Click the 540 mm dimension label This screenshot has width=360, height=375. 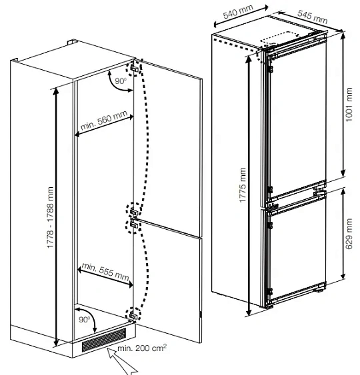pyautogui.click(x=238, y=11)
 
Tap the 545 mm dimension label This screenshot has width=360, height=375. pyautogui.click(x=313, y=17)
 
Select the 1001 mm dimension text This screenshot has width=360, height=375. pyautogui.click(x=349, y=105)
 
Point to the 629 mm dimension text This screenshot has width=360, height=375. pyautogui.click(x=349, y=234)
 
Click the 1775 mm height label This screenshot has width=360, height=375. pyautogui.click(x=243, y=185)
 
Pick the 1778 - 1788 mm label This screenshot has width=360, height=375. pyautogui.click(x=50, y=217)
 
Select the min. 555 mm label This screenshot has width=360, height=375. pyautogui.click(x=105, y=272)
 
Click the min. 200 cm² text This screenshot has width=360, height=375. pyautogui.click(x=142, y=348)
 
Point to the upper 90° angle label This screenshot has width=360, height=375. pyautogui.click(x=121, y=81)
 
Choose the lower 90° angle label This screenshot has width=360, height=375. pyautogui.click(x=84, y=319)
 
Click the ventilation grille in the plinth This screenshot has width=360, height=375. pyautogui.click(x=103, y=340)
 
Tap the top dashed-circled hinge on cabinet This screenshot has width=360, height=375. pyautogui.click(x=134, y=68)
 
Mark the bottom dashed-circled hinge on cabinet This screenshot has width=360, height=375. pyautogui.click(x=133, y=315)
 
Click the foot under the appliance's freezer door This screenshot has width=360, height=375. pyautogui.click(x=320, y=290)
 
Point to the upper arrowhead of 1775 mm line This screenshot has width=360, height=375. pyautogui.click(x=249, y=60)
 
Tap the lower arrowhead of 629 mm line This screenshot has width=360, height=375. pyautogui.click(x=343, y=276)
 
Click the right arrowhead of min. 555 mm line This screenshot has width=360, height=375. pyautogui.click(x=130, y=284)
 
